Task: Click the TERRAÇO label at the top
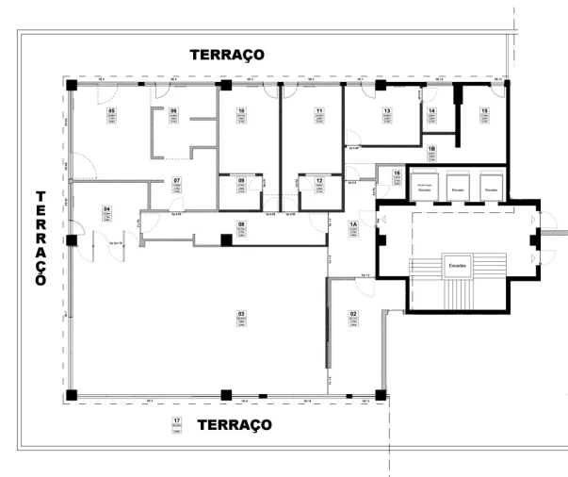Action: coord(227,55)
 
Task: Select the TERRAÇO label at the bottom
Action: coord(235,425)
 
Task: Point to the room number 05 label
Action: coord(111,111)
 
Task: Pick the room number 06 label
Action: coord(173,111)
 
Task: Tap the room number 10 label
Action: coord(241,111)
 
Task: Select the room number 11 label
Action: coord(320,111)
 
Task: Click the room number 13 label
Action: coord(386,111)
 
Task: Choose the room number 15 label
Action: coord(484,111)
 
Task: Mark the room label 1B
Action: coord(431,149)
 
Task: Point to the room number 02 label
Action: coord(354,313)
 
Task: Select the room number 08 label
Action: coord(241,224)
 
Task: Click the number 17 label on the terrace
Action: coord(176,419)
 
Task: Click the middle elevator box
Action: coord(458,185)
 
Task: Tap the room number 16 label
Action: coord(398,174)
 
